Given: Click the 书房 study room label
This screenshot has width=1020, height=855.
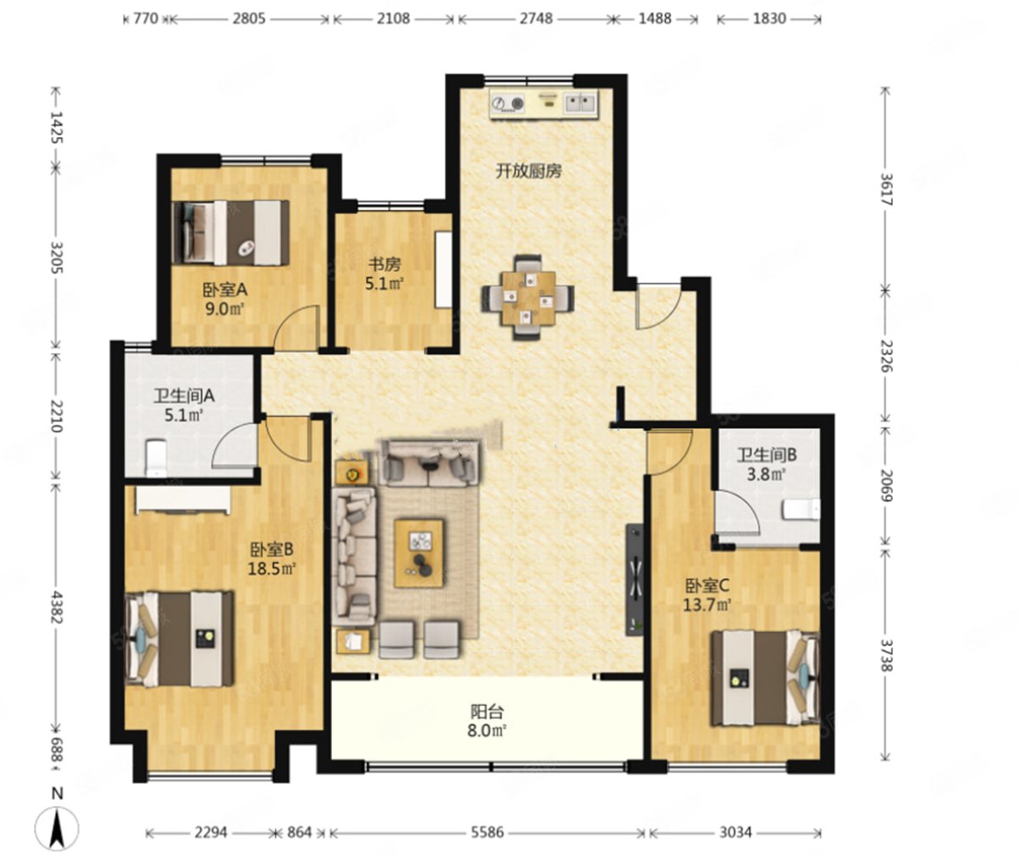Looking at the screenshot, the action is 385,265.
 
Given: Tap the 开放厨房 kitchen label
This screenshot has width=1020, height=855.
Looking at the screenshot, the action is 529,171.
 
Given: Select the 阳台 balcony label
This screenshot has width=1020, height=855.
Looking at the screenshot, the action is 486,711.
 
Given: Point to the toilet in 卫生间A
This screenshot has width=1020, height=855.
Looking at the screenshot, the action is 157,458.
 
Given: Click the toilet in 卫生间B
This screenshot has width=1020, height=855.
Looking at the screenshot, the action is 801,510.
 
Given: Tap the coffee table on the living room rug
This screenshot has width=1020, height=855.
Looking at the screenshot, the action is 419,553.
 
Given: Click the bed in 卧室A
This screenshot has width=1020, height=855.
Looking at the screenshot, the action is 230,234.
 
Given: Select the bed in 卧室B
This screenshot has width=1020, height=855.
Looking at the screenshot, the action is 180,639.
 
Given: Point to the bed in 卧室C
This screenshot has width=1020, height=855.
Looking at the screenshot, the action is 765,678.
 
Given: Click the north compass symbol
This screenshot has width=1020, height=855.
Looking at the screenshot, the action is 57,824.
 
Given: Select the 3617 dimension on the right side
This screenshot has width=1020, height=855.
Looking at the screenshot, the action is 886,190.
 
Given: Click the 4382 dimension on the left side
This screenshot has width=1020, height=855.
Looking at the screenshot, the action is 57,607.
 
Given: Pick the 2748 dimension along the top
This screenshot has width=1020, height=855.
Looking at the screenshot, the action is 536,19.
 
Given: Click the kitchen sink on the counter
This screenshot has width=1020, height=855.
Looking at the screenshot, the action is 579,103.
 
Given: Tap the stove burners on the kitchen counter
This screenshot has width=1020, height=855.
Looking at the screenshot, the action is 508,103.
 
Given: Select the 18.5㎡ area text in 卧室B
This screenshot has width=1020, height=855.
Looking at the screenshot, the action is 272,568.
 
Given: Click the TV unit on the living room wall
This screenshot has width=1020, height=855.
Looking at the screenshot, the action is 635,580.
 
